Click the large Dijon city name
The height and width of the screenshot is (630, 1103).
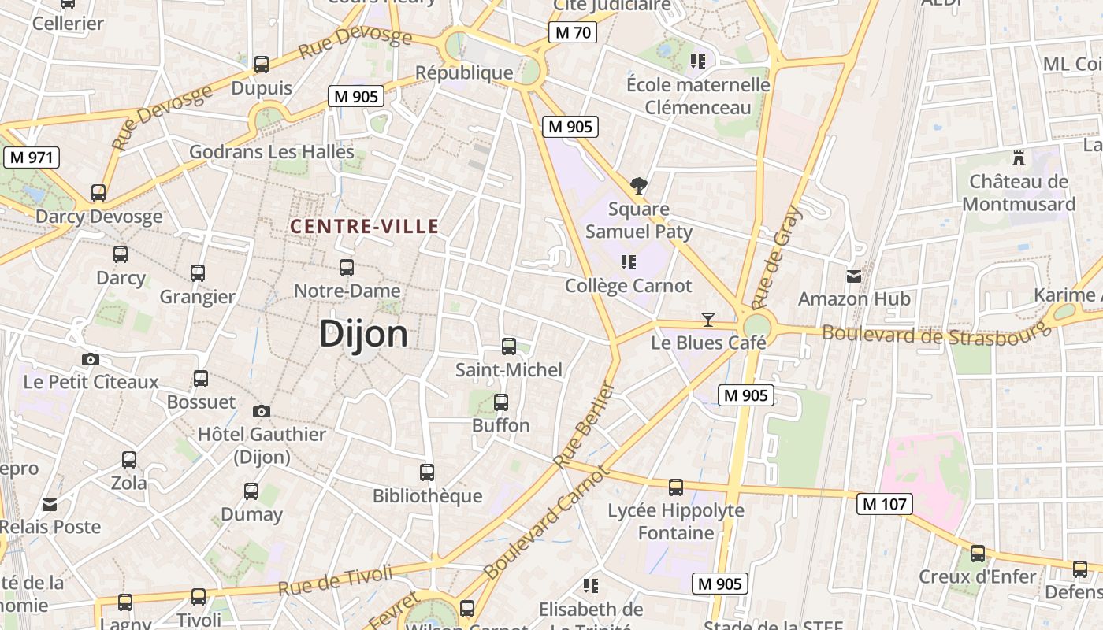(363, 335)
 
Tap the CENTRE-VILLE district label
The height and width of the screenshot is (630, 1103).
(364, 227)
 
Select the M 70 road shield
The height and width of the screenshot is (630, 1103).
(572, 32)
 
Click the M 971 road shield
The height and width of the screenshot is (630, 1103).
(32, 157)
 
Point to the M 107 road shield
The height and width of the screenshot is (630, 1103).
(885, 503)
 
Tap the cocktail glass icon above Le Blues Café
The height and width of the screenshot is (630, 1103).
(708, 320)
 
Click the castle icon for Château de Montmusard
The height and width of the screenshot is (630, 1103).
(1019, 157)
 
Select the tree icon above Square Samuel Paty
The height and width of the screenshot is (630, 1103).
(639, 186)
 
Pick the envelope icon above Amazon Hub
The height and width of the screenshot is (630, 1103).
(854, 276)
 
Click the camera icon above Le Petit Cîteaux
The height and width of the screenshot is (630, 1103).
(91, 359)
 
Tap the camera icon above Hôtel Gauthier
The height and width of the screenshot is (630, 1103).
(262, 411)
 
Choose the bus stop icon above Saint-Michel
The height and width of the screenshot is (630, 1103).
(509, 346)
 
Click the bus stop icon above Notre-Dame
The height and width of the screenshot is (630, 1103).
(347, 267)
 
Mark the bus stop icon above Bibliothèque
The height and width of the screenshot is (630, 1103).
(427, 472)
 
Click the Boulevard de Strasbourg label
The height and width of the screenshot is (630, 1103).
(936, 333)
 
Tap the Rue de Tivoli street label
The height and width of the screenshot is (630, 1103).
(335, 580)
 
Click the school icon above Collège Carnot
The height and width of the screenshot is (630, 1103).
(628, 261)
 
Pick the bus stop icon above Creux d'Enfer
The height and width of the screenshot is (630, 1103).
(978, 553)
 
